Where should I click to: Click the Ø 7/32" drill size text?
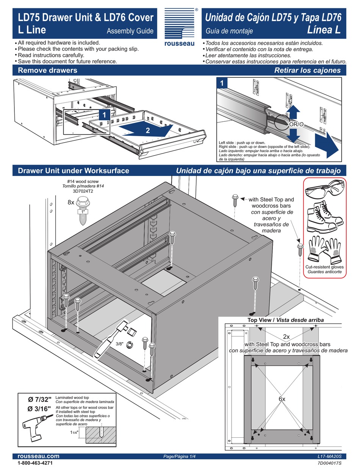pos(39,399)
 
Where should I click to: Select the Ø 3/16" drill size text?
pos(39,409)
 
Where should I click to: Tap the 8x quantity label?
pos(71,203)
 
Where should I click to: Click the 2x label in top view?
pos(286,336)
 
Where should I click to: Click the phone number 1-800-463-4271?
pos(35,464)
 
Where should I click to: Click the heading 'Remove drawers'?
pos(47,70)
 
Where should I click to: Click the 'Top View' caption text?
pos(261,320)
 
